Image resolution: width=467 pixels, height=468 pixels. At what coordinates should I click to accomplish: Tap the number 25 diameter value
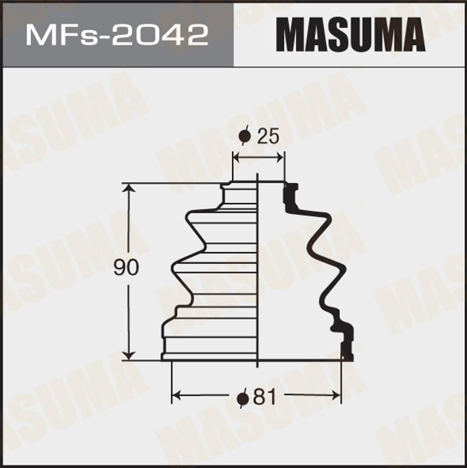268,137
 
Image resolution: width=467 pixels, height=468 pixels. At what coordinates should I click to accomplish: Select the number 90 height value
126,268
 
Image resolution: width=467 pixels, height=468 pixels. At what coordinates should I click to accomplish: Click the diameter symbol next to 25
244,137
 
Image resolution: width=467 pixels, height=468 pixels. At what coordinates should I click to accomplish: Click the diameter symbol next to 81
242,398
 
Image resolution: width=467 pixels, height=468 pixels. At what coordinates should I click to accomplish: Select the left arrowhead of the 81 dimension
176,395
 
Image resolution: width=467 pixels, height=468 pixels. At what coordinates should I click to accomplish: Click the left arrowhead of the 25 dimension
236,158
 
